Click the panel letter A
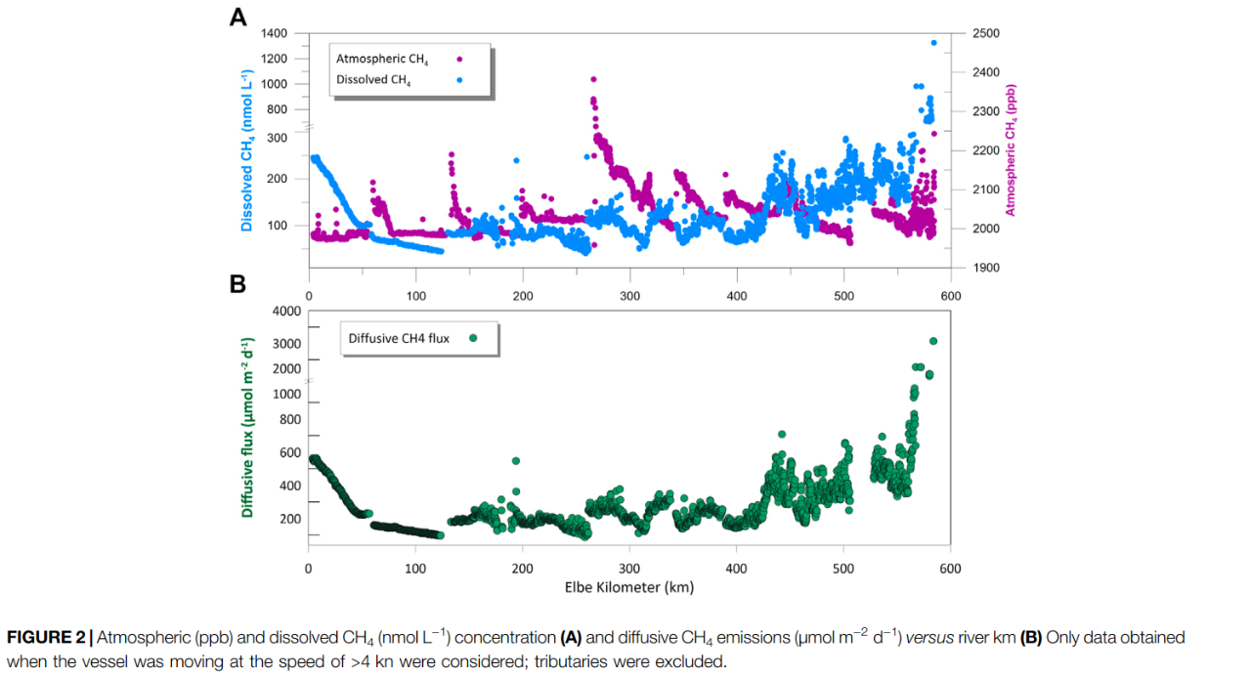click(x=237, y=17)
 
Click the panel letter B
click(x=237, y=284)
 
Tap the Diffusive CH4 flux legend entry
click(x=399, y=339)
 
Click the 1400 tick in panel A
click(x=275, y=33)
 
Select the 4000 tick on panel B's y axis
click(x=286, y=312)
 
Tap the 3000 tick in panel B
click(x=286, y=344)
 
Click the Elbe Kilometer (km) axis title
click(x=629, y=588)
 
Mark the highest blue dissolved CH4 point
click(x=933, y=43)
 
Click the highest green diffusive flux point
click(x=932, y=341)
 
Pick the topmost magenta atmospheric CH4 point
click(x=593, y=80)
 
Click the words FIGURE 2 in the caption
click(x=46, y=637)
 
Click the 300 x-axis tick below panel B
click(x=629, y=569)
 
